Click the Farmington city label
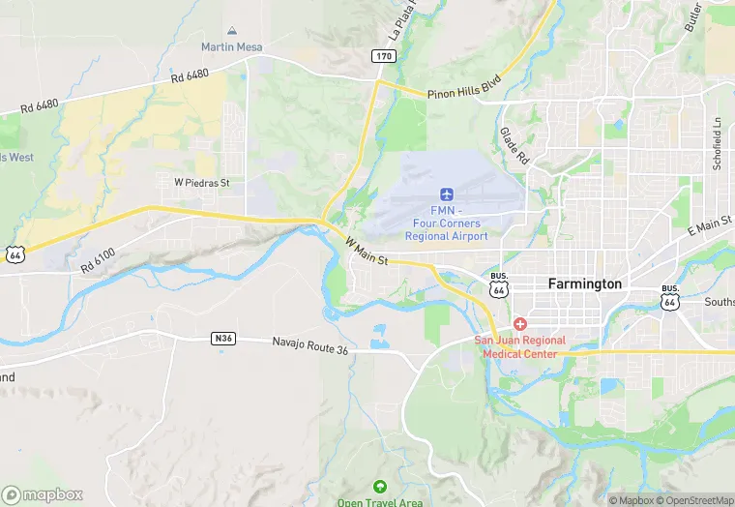click(585, 283)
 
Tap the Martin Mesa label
click(232, 46)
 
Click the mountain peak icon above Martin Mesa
click(232, 32)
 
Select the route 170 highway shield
click(384, 57)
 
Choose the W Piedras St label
click(201, 182)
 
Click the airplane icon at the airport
click(446, 194)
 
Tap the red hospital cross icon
click(520, 323)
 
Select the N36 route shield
click(222, 338)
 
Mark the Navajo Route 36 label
click(309, 343)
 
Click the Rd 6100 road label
click(99, 259)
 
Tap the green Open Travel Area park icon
click(379, 486)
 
